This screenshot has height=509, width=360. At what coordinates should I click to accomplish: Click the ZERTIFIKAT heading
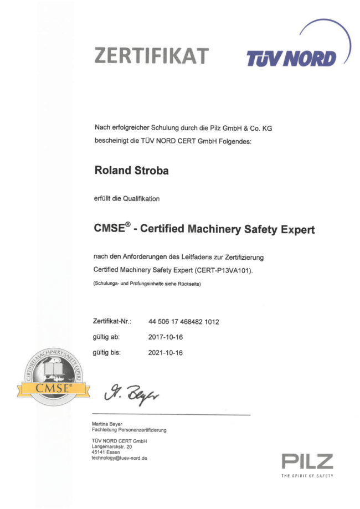coord(152,55)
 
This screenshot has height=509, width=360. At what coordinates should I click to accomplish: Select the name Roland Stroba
coord(131,171)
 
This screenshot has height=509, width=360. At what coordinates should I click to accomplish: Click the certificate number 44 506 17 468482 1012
coord(184,321)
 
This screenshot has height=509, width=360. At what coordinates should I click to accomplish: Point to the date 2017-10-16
coord(165,337)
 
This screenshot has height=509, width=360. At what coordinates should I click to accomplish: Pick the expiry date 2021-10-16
coord(165,352)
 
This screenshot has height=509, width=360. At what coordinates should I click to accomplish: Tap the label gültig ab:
coord(106,337)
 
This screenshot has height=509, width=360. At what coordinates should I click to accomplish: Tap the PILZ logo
coord(307,461)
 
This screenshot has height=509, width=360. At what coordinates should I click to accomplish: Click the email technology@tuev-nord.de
coord(119,458)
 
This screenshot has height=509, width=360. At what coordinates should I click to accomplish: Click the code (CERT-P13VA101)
coord(229,270)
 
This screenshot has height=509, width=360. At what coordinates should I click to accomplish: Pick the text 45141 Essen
coord(105,452)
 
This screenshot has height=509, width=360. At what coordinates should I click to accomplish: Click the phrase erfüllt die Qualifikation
coord(127,199)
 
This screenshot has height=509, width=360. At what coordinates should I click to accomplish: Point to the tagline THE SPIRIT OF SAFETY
coord(307,476)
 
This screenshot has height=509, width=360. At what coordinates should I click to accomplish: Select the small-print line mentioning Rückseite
coord(146,284)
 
